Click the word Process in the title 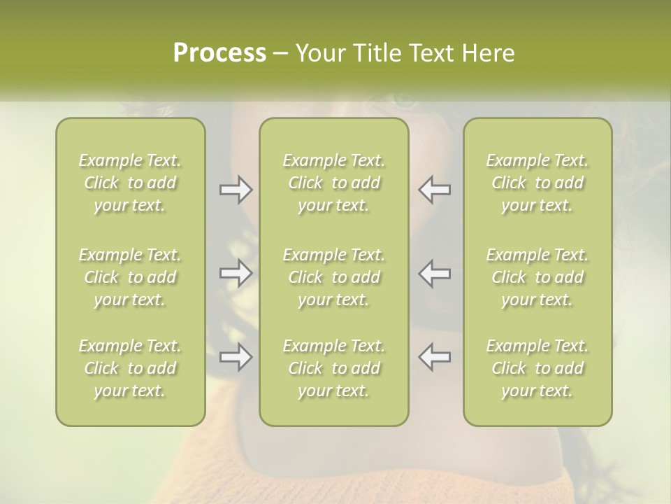click(219, 53)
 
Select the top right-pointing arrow click(236, 190)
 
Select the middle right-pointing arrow click(236, 272)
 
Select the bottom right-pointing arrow click(236, 356)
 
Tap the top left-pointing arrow click(434, 190)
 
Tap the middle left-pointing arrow click(434, 272)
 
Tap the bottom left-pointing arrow click(434, 356)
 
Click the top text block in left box click(130, 183)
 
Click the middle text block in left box click(130, 277)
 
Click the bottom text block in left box click(130, 368)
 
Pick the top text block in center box click(333, 183)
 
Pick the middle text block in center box click(333, 277)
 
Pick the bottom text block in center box click(333, 368)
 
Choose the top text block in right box click(537, 183)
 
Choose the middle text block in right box click(537, 277)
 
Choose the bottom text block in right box click(537, 368)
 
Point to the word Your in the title click(318, 53)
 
